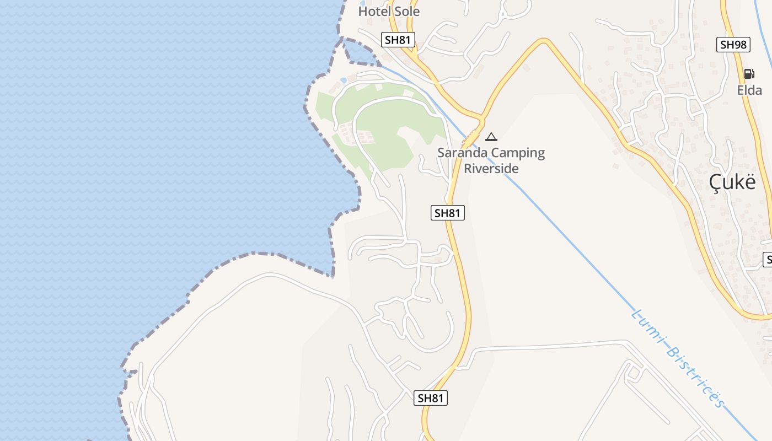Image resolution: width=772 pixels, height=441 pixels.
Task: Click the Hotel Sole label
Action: pos(389,11)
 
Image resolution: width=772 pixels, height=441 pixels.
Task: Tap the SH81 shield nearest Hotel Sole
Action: pos(399,40)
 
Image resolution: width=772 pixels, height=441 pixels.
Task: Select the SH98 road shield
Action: pos(733,45)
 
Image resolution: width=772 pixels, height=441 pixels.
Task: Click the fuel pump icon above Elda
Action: pos(749,74)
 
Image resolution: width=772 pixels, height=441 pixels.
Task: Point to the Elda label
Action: pos(749,90)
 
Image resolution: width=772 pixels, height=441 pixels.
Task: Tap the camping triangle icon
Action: pos(491,137)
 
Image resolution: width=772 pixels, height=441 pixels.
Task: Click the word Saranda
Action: pos(462,153)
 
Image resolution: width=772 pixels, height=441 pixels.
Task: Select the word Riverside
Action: pos(491,168)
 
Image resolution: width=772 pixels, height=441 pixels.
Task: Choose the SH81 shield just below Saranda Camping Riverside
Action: pos(447,213)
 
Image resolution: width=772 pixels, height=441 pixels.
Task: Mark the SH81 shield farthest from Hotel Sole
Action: pos(431,397)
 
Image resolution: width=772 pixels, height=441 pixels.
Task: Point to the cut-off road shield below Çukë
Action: pos(768,259)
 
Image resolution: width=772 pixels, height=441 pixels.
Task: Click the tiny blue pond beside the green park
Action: pos(344,80)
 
